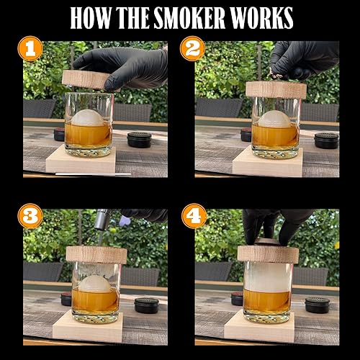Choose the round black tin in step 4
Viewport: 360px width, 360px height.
coord(317,305)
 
